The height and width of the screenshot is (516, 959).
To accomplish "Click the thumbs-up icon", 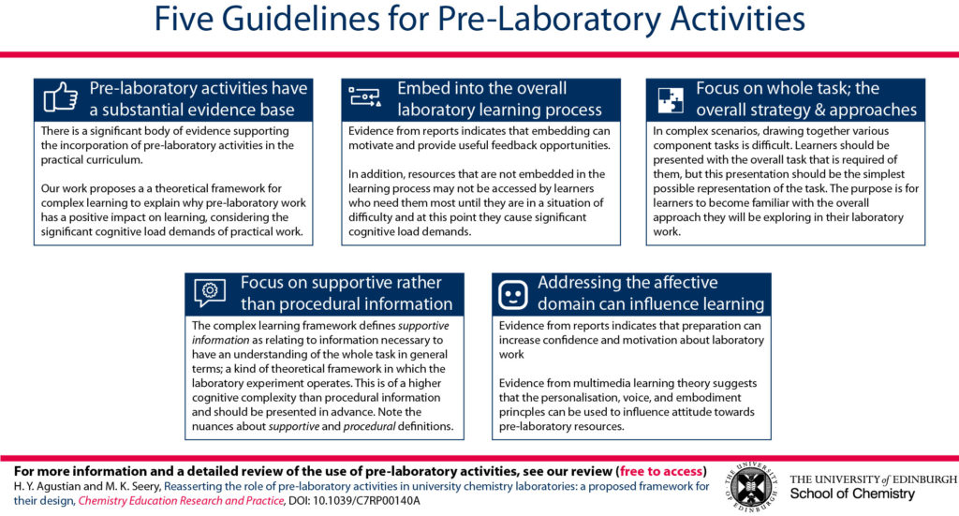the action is [x=61, y=97].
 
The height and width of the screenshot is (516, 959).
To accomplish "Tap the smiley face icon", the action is [x=512, y=295].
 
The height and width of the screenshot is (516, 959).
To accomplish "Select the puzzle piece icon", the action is [x=671, y=99].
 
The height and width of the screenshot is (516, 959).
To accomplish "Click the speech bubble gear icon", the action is [x=210, y=292].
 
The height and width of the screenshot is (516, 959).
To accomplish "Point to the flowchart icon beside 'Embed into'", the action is [x=364, y=96].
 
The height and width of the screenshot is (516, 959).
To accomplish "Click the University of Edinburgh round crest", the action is [x=750, y=487].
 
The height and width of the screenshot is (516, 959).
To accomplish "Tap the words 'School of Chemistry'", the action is [x=852, y=494].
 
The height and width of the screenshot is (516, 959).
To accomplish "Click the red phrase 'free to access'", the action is [x=660, y=471].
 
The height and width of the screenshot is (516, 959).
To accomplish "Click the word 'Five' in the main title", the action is [x=184, y=19].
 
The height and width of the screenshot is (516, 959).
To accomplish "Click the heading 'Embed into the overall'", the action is [x=482, y=88].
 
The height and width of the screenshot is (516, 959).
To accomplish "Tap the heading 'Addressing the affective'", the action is [x=627, y=283].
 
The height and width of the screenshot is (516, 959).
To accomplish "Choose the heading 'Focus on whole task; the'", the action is [x=787, y=88].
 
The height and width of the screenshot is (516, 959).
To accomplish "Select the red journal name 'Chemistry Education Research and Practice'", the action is [x=181, y=501].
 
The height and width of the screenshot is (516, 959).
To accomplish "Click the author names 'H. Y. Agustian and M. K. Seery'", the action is [x=86, y=487].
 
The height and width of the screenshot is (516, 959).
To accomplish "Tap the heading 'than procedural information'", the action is [x=347, y=303].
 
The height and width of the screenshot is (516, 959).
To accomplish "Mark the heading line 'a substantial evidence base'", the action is [x=192, y=110].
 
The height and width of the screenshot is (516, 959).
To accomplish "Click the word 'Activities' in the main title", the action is [x=738, y=19].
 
